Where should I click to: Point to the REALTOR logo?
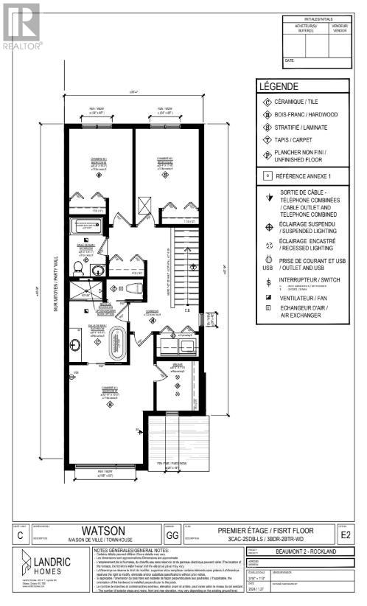pos(21,25)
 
